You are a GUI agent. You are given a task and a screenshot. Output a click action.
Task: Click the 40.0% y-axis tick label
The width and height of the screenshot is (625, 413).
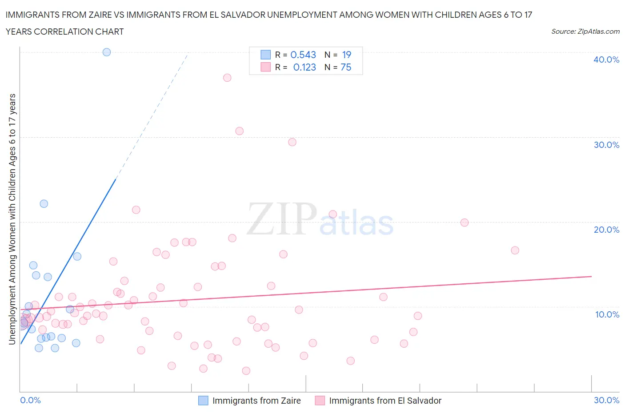pyautogui.click(x=606, y=60)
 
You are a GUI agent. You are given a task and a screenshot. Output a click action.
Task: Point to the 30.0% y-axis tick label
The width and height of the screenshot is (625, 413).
pyautogui.click(x=606, y=145)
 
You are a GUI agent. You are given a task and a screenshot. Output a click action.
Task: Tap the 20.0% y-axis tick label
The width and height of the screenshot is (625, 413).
pyautogui.click(x=606, y=230)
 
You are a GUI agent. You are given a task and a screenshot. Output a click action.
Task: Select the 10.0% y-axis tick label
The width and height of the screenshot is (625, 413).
pyautogui.click(x=607, y=314)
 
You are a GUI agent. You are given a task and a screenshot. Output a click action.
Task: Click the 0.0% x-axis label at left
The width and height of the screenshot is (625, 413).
pyautogui.click(x=30, y=400)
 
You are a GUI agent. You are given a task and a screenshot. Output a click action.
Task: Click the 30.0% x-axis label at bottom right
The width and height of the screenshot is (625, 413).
pyautogui.click(x=606, y=400)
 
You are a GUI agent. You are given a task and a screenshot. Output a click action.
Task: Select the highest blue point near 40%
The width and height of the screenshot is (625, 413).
pyautogui.click(x=107, y=52)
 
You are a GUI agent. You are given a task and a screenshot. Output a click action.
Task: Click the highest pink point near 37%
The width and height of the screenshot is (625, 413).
pyautogui.click(x=227, y=78)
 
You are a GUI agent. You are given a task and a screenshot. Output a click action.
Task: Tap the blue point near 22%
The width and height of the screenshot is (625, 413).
pyautogui.click(x=44, y=204)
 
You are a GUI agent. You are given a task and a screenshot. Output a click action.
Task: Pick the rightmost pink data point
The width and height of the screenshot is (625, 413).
pyautogui.click(x=515, y=250)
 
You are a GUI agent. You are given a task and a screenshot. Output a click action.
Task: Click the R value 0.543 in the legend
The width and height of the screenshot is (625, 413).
pyautogui.click(x=303, y=55)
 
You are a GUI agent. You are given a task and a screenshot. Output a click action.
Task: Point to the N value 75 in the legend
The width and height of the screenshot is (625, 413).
pyautogui.click(x=346, y=67)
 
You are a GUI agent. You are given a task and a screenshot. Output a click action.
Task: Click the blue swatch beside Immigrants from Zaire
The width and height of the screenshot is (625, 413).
pyautogui.click(x=203, y=401)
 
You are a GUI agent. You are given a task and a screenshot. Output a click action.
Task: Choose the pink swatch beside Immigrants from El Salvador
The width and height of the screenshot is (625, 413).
pyautogui.click(x=320, y=401)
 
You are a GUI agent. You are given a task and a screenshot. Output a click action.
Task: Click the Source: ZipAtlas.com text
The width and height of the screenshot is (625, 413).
pyautogui.click(x=585, y=31)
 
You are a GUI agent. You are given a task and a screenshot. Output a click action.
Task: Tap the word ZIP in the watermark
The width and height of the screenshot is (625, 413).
pyautogui.click(x=281, y=218)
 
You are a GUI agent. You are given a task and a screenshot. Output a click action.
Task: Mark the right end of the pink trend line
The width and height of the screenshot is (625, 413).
pyautogui.click(x=591, y=276)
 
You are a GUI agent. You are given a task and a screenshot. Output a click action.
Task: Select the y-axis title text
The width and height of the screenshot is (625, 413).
pyautogui.click(x=12, y=219)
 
